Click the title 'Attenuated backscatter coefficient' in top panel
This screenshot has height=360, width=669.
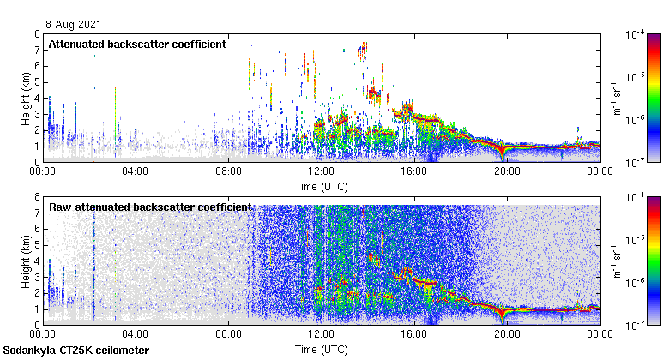click(137, 44)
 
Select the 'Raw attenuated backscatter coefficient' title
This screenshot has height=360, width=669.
click(150, 207)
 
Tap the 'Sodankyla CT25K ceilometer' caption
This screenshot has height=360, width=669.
click(75, 351)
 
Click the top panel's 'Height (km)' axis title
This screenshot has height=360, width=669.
click(26, 98)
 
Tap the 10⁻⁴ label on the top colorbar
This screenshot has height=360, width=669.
click(636, 34)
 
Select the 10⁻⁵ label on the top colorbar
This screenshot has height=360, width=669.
click(636, 77)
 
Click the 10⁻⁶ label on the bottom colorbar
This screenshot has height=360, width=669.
click(636, 282)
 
